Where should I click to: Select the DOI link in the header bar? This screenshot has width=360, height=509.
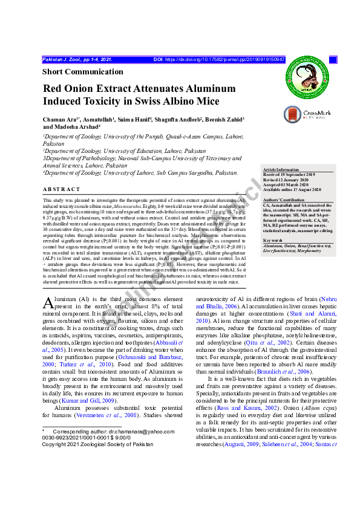224,60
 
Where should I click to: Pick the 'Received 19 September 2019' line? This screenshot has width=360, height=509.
289,175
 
